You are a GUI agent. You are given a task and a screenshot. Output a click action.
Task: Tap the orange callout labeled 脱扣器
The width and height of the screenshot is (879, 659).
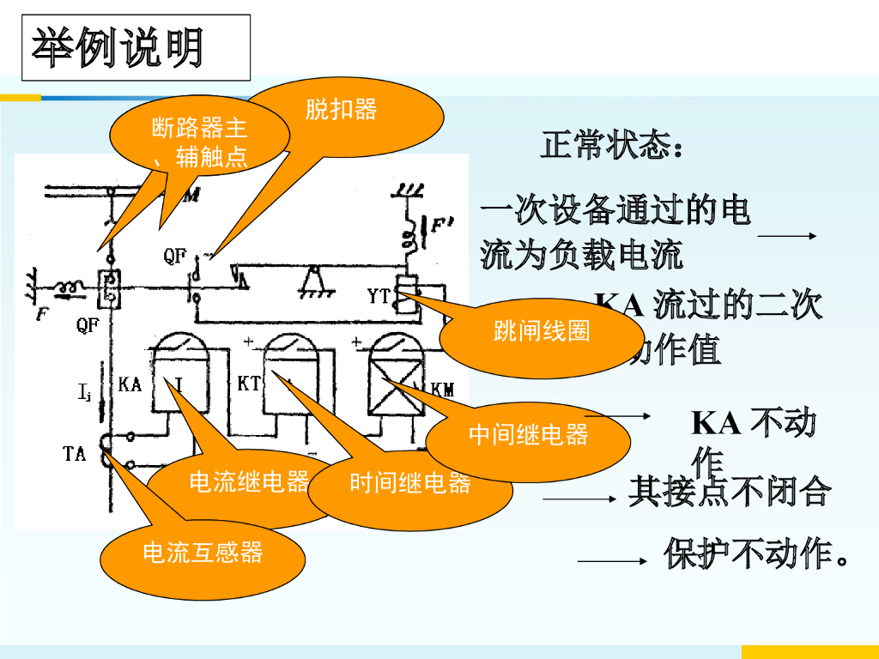tap(342, 110)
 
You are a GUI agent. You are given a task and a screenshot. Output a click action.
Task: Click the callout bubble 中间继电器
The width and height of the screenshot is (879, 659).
tap(529, 435)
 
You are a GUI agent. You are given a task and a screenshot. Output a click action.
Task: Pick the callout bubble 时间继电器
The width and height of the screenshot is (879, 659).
tap(410, 484)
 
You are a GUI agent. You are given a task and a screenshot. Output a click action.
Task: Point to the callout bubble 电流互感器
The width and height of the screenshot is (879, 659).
tap(203, 553)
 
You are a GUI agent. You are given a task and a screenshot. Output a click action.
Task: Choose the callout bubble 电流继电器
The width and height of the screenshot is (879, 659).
tap(248, 482)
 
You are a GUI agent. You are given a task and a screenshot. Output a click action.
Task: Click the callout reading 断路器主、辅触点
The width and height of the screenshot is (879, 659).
tap(199, 142)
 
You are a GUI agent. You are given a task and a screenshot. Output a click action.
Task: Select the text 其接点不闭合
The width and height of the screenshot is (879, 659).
tap(730, 492)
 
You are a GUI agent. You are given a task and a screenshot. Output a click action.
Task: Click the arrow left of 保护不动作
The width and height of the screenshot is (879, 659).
tap(611, 562)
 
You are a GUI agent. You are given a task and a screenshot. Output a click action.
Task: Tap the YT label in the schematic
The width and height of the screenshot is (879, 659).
tap(379, 297)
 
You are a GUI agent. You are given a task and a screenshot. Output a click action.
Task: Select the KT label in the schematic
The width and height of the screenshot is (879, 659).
tap(249, 384)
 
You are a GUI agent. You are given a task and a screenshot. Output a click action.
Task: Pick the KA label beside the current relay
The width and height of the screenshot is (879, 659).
tap(130, 384)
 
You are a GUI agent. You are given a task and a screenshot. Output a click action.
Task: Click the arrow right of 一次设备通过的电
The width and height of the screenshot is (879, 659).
tap(786, 236)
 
